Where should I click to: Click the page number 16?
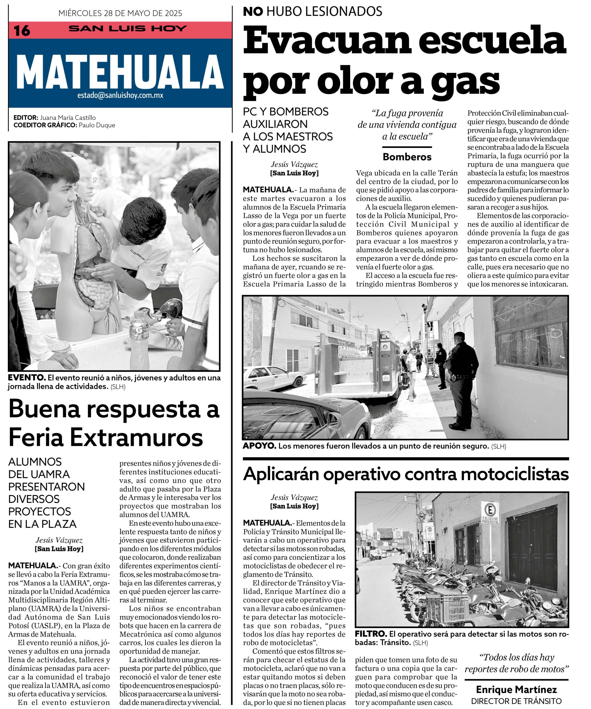[22, 31]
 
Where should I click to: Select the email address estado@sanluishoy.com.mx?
[120, 95]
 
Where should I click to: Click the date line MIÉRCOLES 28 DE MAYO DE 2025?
[120, 13]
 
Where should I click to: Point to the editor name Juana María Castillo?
[68, 117]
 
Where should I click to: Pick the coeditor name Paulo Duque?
[97, 125]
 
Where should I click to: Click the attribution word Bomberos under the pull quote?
[407, 157]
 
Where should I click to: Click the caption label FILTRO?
[371, 634]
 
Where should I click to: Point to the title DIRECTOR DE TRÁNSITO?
[517, 701]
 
